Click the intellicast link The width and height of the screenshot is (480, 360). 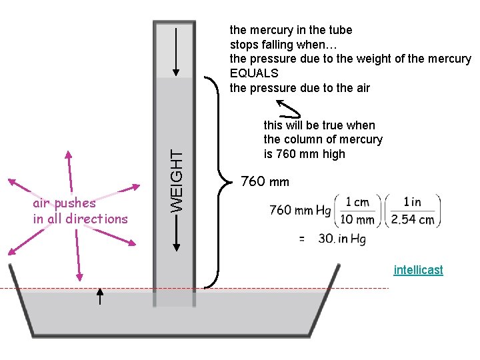click(418, 270)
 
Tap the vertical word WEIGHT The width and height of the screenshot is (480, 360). click(176, 180)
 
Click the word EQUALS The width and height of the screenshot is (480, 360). click(254, 73)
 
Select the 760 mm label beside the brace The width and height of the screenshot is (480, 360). click(265, 181)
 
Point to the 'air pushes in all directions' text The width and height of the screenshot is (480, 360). click(80, 211)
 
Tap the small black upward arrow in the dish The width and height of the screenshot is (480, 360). click(100, 296)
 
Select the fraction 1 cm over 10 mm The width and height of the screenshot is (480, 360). click(357, 210)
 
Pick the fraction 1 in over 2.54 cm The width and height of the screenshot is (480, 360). click(413, 210)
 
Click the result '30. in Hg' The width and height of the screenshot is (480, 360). click(342, 239)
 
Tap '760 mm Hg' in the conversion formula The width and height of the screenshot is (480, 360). click(300, 211)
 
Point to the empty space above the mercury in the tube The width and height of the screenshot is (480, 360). click(175, 50)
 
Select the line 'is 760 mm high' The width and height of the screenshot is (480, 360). click(305, 154)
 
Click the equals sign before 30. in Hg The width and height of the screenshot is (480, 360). click(301, 239)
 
